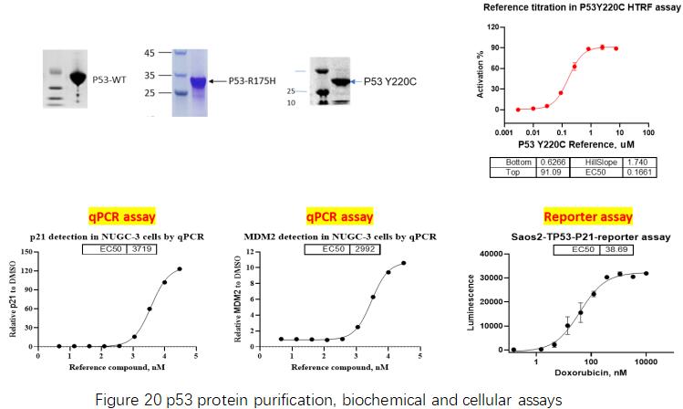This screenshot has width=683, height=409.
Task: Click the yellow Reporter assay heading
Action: click(575, 216)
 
